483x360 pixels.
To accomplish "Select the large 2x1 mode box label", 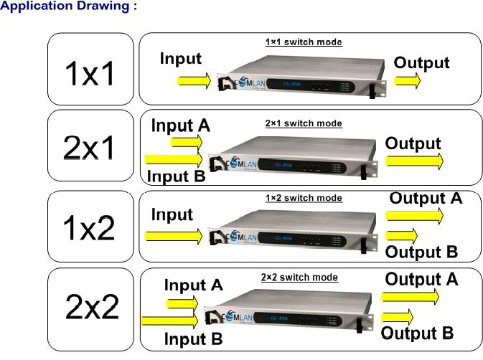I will [x=90, y=148].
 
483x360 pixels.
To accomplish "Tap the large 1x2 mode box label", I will [x=90, y=227].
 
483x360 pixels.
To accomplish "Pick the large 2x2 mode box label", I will [x=92, y=306].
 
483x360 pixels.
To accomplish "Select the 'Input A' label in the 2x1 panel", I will [x=180, y=125].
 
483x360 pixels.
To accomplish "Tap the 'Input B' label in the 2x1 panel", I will [x=177, y=176].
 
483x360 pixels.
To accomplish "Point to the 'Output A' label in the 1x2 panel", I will [x=426, y=197].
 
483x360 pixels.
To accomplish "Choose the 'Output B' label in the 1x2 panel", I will [x=422, y=252].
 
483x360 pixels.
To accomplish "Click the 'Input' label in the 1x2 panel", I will [x=172, y=214].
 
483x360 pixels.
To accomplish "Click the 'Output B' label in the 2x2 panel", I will [x=417, y=333].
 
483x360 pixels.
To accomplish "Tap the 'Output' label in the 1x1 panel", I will [x=422, y=62].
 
